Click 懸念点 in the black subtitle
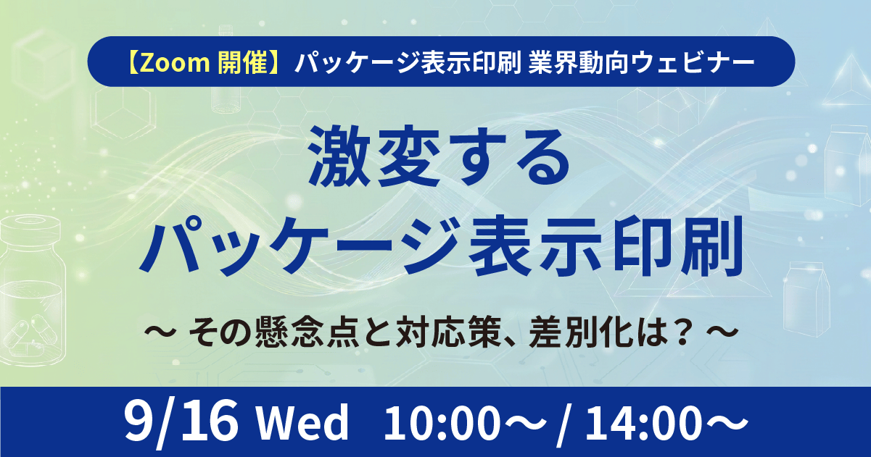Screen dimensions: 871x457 click(x=307, y=332)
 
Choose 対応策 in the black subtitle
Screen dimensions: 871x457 click(x=448, y=332)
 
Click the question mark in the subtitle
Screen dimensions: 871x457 click(x=681, y=332)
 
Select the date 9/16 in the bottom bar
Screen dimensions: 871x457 click(x=181, y=422)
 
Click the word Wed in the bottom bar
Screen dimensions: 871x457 click(x=302, y=422)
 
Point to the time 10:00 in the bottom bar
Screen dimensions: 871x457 click(x=442, y=422)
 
